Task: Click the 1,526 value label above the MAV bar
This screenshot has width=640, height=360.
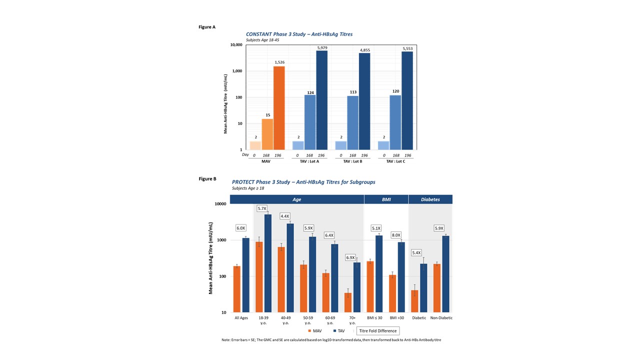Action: [x=279, y=62]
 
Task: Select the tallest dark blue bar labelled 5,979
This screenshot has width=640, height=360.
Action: [x=322, y=100]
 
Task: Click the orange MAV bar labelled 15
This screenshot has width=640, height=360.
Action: [x=267, y=134]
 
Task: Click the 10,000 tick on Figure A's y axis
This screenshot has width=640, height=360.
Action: [x=236, y=45]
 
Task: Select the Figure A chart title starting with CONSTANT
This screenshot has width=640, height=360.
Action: [x=299, y=34]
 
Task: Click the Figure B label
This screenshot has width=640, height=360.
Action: [x=207, y=178]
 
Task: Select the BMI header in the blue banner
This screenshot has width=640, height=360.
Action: [x=386, y=199]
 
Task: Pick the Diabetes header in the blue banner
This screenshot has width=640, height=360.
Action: [x=430, y=199]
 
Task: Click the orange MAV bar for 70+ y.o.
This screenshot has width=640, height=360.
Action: [x=348, y=302]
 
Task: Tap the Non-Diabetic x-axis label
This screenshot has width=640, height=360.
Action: [x=441, y=318]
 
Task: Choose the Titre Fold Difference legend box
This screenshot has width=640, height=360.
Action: [x=378, y=330]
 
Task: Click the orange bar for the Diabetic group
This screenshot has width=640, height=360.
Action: [x=414, y=301]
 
